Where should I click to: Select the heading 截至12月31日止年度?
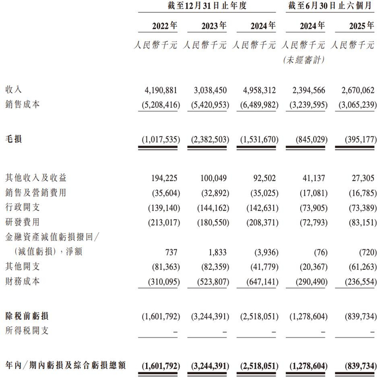pos(208,6)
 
